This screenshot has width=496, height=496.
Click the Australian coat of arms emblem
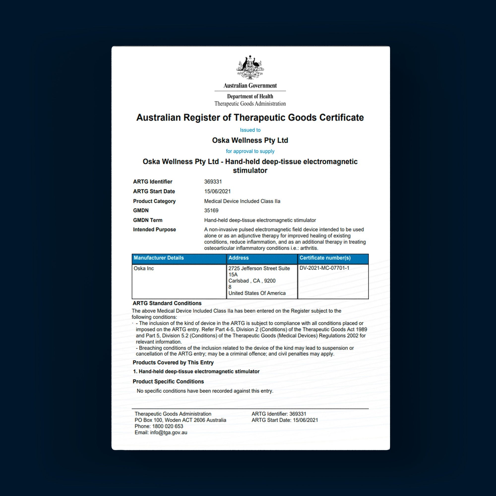(x=250, y=67)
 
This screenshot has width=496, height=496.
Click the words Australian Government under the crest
(x=250, y=86)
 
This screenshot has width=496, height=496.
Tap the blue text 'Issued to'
(x=250, y=130)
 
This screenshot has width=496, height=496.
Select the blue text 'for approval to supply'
(x=250, y=151)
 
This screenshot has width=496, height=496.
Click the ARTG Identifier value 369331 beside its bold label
(x=213, y=182)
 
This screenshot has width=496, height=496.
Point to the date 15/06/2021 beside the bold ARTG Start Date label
(x=217, y=191)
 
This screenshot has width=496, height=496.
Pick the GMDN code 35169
(x=211, y=211)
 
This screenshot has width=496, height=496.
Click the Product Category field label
(x=154, y=201)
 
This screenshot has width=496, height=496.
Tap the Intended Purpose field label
(x=154, y=229)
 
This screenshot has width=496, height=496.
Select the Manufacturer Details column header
(x=158, y=258)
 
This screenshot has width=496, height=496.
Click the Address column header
(x=238, y=258)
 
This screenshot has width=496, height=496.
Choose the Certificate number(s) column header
(x=325, y=258)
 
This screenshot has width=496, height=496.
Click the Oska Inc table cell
(x=144, y=268)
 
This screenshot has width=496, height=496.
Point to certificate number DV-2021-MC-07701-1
(x=324, y=268)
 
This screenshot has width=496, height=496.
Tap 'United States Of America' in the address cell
(x=257, y=293)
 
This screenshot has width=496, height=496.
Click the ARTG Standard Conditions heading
(x=167, y=303)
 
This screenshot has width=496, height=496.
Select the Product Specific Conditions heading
(x=168, y=381)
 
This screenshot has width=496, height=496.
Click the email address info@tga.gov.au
(x=168, y=432)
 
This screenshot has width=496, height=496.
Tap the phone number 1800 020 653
(x=167, y=426)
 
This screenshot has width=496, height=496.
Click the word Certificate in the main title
(x=341, y=118)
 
